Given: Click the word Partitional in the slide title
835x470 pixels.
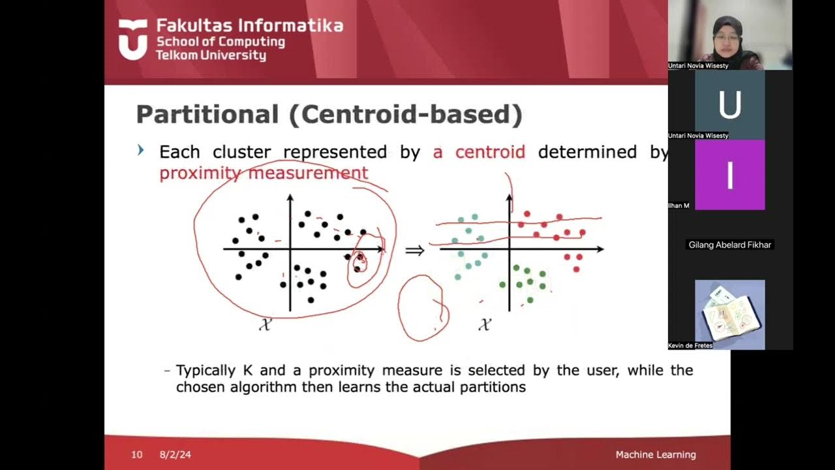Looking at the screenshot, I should (x=207, y=114).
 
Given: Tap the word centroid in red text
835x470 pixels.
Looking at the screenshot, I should (x=490, y=152).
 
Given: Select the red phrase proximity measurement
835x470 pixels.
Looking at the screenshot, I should (x=264, y=173).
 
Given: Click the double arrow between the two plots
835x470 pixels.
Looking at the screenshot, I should (x=415, y=250).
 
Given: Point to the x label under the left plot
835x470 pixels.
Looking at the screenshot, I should (x=264, y=324).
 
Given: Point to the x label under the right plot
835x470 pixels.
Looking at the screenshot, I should (x=484, y=324).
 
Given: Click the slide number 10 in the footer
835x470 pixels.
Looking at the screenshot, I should (x=136, y=454).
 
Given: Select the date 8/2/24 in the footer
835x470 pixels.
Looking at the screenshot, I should (x=175, y=454).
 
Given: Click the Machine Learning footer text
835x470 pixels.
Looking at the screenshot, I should (x=656, y=454).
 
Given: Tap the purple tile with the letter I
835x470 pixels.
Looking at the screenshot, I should (x=729, y=175).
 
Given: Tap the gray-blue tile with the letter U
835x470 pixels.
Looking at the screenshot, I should (x=729, y=104).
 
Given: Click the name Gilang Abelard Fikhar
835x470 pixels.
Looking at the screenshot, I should (x=730, y=245).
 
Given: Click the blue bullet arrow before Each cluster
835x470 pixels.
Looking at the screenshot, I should (x=141, y=151).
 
